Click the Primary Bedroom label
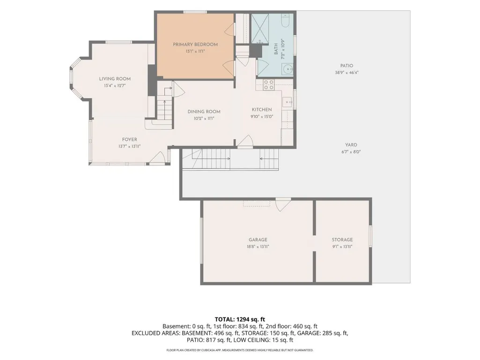click(x=195, y=44)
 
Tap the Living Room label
click(x=115, y=79)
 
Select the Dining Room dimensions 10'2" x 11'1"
click(x=204, y=118)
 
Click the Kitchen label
click(x=262, y=110)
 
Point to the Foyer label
click(x=130, y=140)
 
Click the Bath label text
click(x=276, y=49)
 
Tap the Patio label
click(x=347, y=66)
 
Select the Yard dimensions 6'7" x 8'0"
click(x=351, y=152)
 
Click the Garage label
click(x=258, y=240)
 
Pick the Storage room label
click(x=342, y=240)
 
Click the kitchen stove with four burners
click(x=269, y=85)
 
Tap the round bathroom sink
click(x=288, y=69)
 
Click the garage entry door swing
click(x=283, y=204)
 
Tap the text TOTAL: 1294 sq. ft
click(x=240, y=320)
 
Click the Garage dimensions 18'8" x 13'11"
click(x=258, y=247)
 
